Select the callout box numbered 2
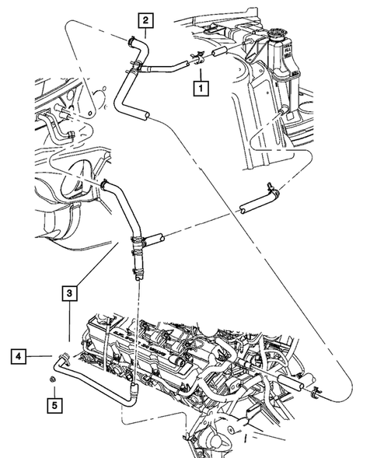click(x=146, y=20)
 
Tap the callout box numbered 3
click(x=70, y=293)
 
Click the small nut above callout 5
click(x=51, y=379)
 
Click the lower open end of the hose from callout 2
click(x=145, y=116)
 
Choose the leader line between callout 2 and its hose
click(x=141, y=32)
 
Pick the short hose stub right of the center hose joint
click(x=154, y=236)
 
